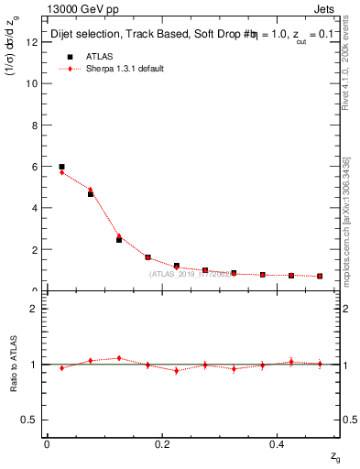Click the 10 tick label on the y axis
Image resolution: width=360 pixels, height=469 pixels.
(32, 83)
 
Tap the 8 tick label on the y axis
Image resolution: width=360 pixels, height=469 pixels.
(35, 125)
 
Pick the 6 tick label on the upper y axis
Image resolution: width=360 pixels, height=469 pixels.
(35, 167)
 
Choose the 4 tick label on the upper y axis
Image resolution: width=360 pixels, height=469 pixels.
(35, 208)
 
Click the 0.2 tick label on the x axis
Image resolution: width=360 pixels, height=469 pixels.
(162, 444)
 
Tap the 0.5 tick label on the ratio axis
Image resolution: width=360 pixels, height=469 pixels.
(31, 420)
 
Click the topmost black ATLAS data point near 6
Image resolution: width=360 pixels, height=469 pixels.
(61, 167)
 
